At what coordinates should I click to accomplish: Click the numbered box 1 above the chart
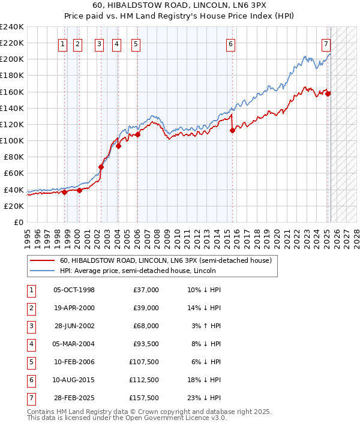tap(62, 43)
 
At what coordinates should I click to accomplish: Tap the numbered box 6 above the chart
tap(230, 43)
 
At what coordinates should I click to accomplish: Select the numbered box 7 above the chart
tap(326, 43)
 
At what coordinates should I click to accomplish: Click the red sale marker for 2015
tap(232, 131)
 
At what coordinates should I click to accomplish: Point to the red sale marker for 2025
tap(328, 94)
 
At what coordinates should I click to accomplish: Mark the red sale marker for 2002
tap(101, 167)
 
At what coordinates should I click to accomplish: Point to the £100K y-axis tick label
tap(12, 140)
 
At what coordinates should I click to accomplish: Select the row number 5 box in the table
tap(31, 362)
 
